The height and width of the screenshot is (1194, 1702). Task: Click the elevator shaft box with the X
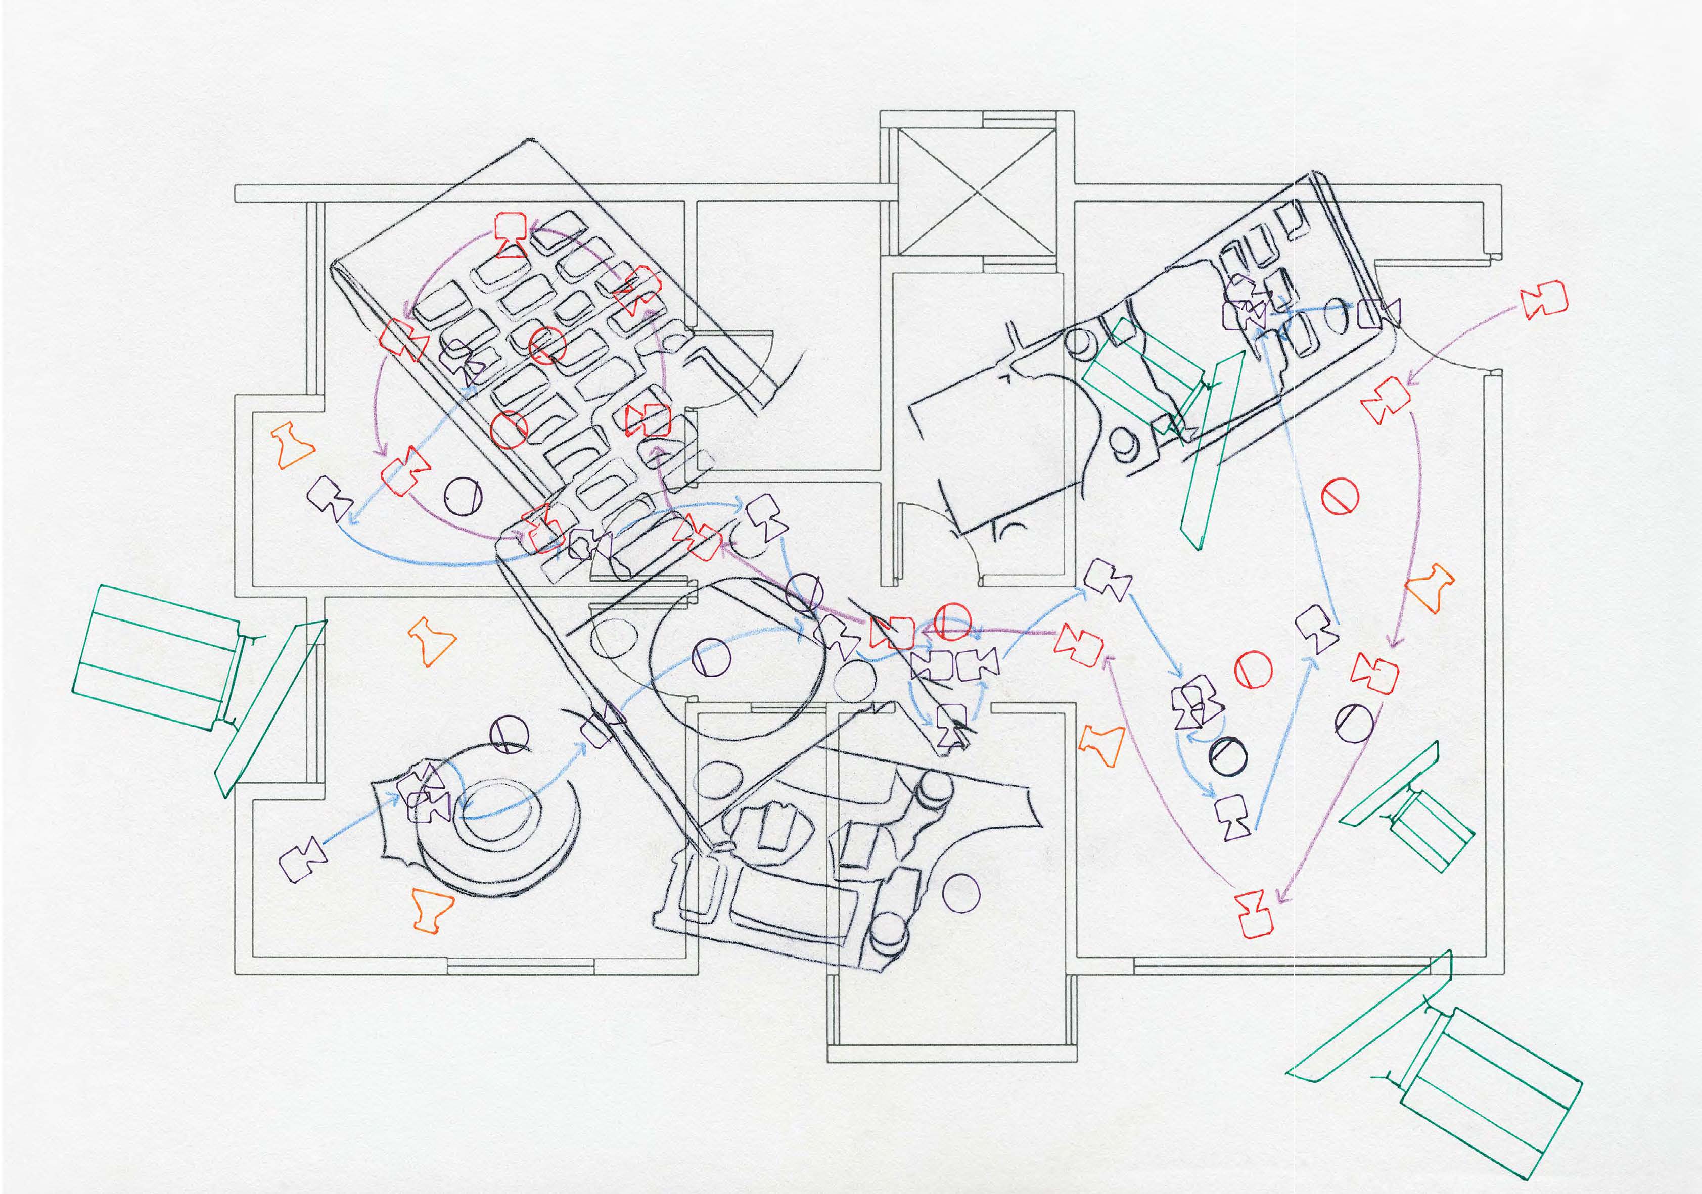(976, 192)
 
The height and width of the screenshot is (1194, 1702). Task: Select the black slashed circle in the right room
(1227, 755)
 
